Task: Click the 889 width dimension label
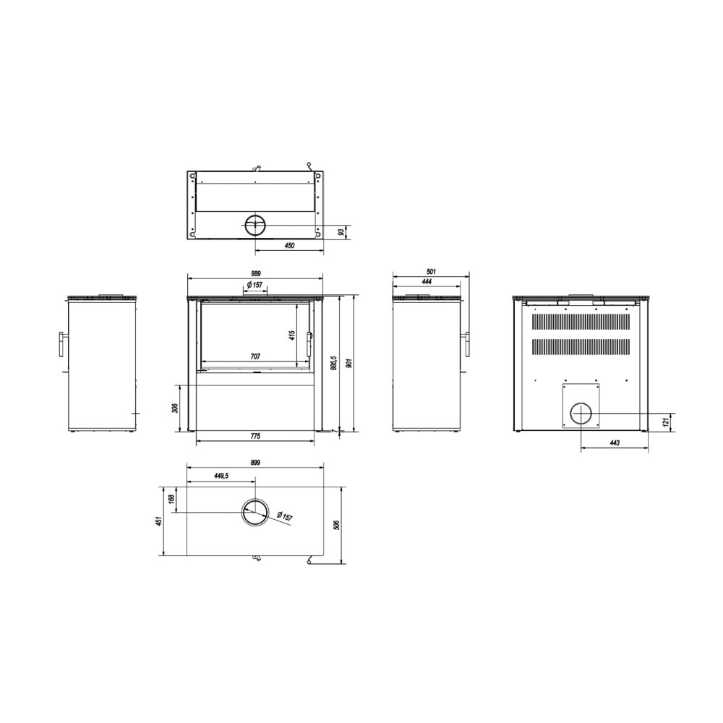tap(254, 274)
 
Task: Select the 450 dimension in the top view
tap(289, 246)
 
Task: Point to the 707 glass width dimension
tap(255, 356)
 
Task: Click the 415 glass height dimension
tap(291, 335)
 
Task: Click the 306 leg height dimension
tap(174, 408)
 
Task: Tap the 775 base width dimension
tap(255, 436)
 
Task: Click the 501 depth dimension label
tap(431, 272)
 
